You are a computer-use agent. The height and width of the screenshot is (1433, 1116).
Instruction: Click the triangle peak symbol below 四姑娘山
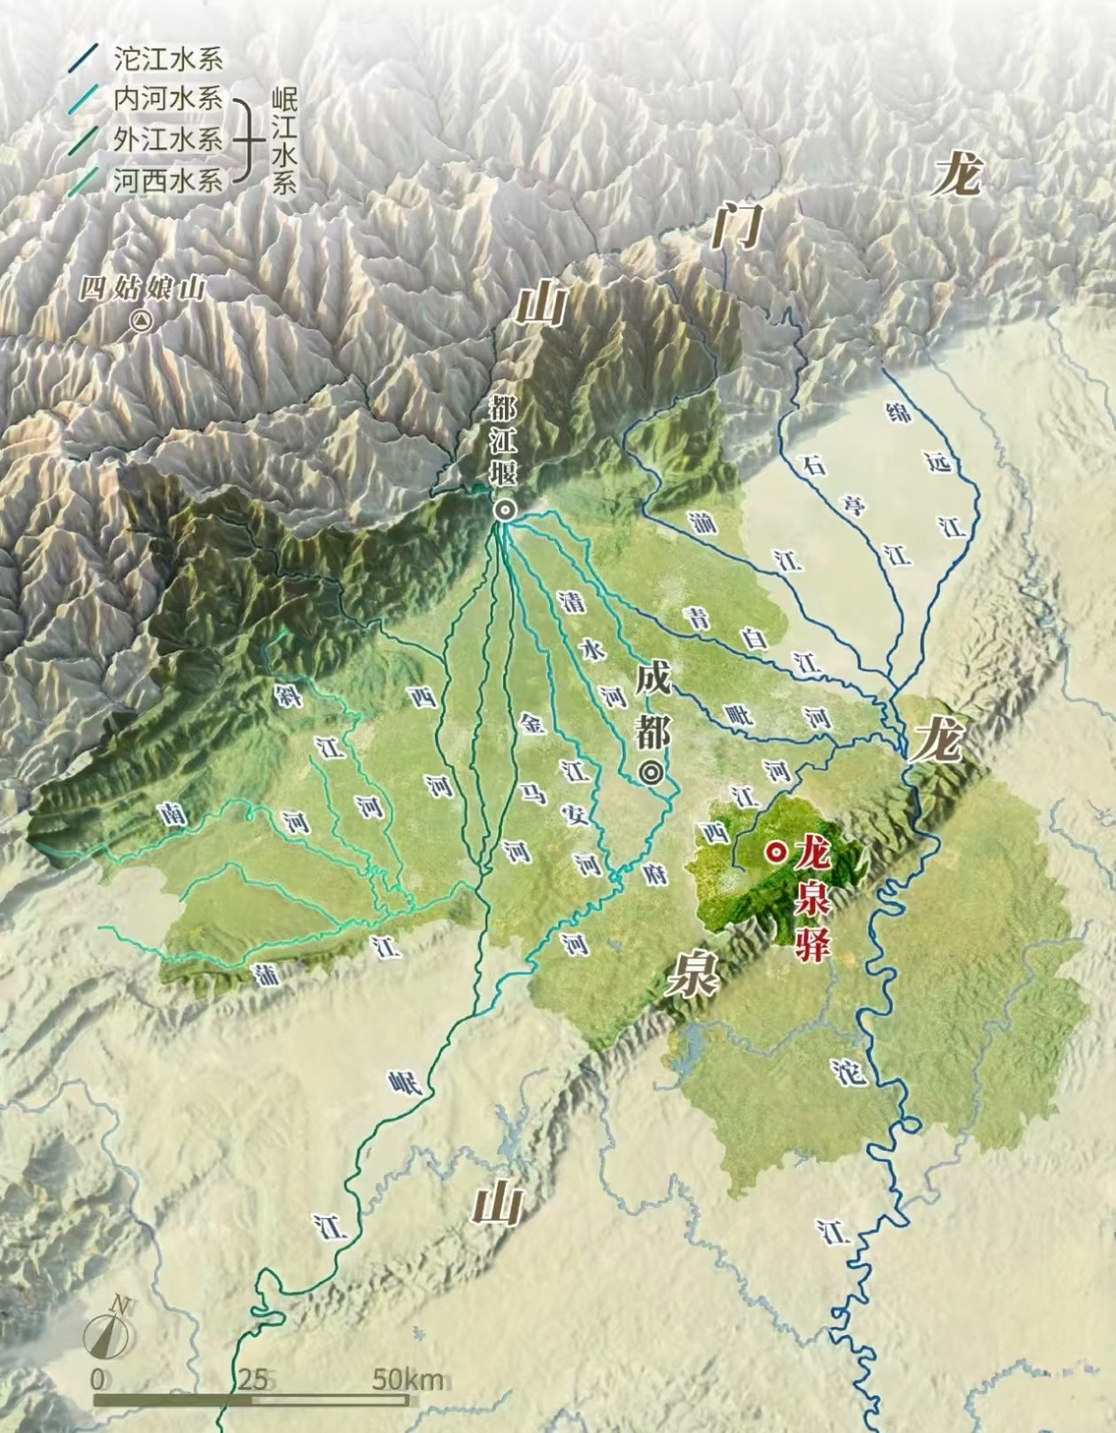(141, 320)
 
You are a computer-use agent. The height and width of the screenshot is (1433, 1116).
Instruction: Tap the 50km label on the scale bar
(408, 1378)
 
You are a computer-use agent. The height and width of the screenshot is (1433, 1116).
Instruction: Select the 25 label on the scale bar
(252, 1378)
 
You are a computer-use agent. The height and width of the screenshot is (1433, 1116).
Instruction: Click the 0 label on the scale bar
(97, 1378)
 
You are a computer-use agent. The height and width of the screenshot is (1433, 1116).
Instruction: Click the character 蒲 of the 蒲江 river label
(267, 975)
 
